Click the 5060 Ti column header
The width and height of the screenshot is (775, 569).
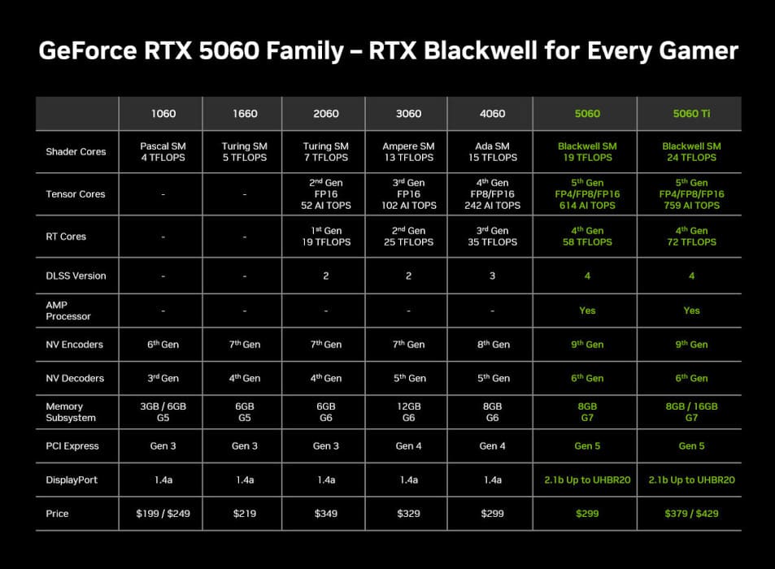[x=691, y=114]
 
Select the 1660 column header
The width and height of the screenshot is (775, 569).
[x=245, y=114]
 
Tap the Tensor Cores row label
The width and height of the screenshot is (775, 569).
[x=76, y=194]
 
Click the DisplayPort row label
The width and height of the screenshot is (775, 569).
[x=72, y=480]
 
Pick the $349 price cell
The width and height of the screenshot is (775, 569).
[x=326, y=514]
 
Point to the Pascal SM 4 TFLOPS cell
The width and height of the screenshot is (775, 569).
[x=163, y=152]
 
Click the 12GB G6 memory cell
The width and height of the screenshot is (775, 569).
[x=409, y=412]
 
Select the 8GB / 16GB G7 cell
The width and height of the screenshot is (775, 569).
[x=691, y=412]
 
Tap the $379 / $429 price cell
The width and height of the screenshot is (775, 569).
[x=691, y=514]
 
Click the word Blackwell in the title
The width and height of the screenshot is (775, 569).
[x=481, y=51]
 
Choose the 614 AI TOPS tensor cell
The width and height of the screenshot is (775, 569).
[x=587, y=206]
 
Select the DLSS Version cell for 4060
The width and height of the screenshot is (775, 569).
[x=492, y=276]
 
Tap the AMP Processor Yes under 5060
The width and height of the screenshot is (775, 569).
[x=587, y=311]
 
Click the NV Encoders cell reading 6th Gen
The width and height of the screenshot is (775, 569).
[x=163, y=345]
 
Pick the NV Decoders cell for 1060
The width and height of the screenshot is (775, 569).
[x=163, y=378]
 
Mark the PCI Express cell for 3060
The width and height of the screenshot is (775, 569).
[x=409, y=446]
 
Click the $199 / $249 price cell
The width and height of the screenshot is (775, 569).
[x=163, y=514]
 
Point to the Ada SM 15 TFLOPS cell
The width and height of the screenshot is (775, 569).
[x=492, y=152]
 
